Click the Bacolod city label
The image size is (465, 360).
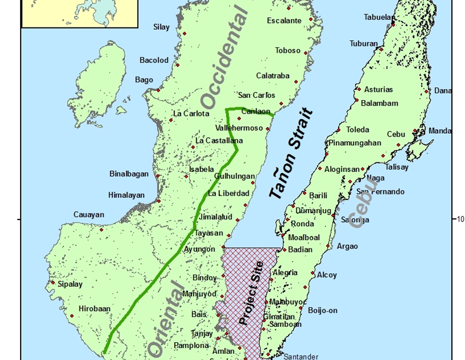(x=154, y=60)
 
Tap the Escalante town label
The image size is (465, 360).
(x=284, y=21)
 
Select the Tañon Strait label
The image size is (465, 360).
(x=291, y=154)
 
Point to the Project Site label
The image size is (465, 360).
(x=251, y=293)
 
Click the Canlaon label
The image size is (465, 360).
(x=256, y=111)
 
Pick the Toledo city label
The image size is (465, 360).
(x=358, y=130)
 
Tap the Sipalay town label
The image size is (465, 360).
(x=70, y=283)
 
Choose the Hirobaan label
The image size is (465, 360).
(x=94, y=308)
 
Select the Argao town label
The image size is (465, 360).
(x=347, y=246)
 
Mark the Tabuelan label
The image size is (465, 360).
(x=379, y=17)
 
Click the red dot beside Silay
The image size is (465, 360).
(x=176, y=32)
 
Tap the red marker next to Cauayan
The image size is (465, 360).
(x=102, y=230)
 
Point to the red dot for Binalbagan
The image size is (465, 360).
(x=158, y=175)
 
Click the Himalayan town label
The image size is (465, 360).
(x=126, y=195)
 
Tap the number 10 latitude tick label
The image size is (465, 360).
(x=460, y=218)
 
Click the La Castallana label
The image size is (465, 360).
(x=219, y=141)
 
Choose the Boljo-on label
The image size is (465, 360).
(x=323, y=310)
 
